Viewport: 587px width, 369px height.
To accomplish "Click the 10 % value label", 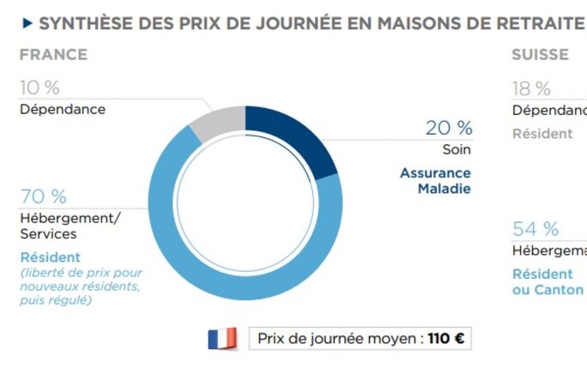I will [x=40, y=88].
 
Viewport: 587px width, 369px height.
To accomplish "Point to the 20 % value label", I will [x=449, y=128].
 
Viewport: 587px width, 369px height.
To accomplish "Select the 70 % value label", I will [x=43, y=197].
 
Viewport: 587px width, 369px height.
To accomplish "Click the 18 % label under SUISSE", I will [x=532, y=88].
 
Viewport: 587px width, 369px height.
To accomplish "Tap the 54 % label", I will [x=536, y=229].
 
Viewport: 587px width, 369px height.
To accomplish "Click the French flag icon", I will [x=222, y=338].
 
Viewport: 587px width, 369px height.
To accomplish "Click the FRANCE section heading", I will [x=53, y=55].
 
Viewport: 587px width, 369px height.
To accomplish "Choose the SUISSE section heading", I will [x=540, y=55].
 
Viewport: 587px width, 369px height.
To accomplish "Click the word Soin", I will [x=457, y=149].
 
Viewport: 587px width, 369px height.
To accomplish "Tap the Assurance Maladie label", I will [x=436, y=180].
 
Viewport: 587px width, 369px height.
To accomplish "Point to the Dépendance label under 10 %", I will [x=63, y=109].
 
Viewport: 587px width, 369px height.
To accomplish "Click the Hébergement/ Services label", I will [x=70, y=226].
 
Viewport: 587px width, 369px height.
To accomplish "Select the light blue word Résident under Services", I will [x=50, y=257].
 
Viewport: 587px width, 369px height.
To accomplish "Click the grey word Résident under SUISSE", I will [x=542, y=133].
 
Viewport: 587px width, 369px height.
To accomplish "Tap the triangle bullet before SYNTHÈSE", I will [x=27, y=22].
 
